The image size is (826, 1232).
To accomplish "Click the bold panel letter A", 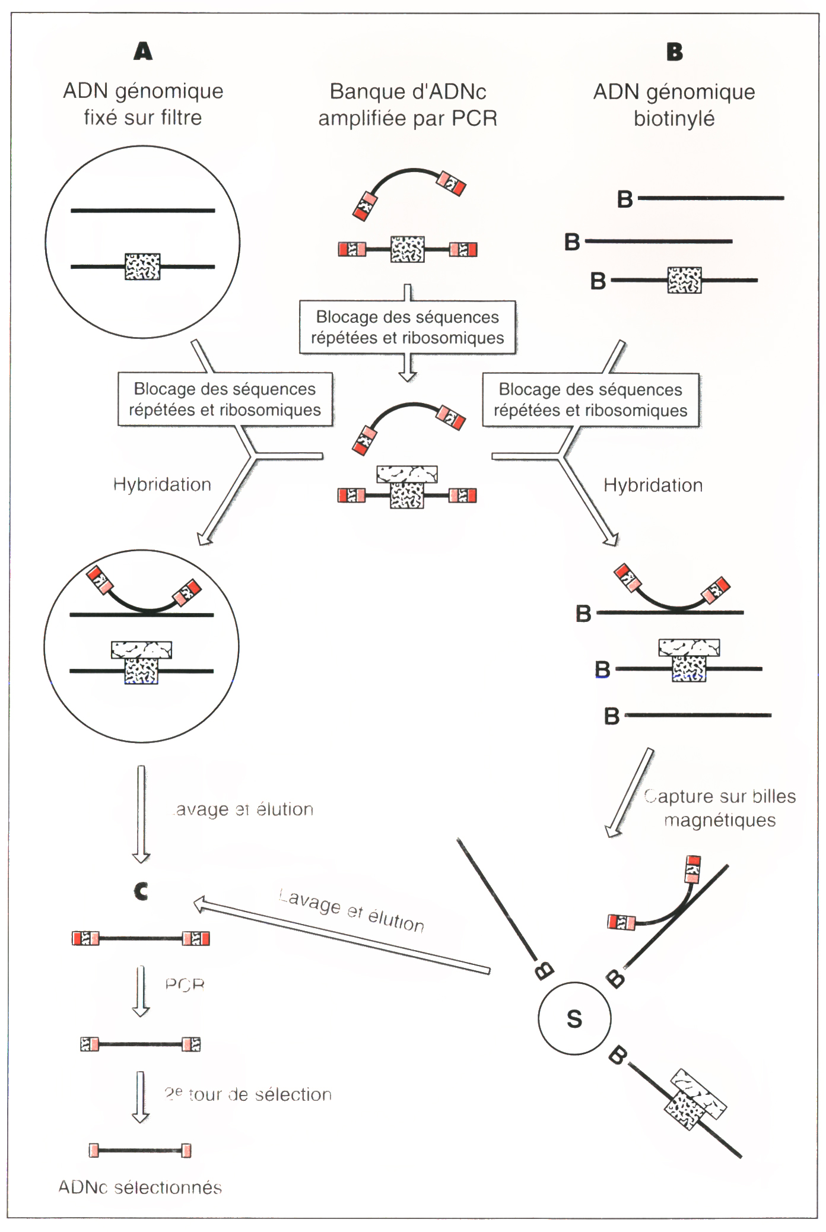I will (x=143, y=52).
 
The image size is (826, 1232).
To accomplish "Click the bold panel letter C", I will (x=141, y=891).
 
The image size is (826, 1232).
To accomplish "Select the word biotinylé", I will (x=674, y=119).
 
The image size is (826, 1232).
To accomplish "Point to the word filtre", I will (x=176, y=118).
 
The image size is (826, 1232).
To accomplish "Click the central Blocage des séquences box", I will (x=407, y=328).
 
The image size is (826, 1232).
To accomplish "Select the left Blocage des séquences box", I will (x=225, y=399).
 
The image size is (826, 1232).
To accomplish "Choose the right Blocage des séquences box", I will (x=590, y=400).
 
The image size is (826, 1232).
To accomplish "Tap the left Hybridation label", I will (x=162, y=485).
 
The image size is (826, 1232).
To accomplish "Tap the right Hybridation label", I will (x=653, y=485).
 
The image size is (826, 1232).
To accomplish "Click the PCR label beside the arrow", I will (x=185, y=985).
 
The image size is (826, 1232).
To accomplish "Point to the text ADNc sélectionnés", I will (x=140, y=1187).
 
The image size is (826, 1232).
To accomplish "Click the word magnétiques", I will (x=719, y=820).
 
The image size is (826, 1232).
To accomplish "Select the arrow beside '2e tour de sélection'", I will (x=141, y=1097).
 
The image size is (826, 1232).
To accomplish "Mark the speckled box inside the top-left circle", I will (x=142, y=266).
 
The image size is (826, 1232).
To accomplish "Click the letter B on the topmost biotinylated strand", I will (x=625, y=199).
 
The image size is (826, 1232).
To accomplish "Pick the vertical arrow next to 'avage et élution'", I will (x=141, y=814).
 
